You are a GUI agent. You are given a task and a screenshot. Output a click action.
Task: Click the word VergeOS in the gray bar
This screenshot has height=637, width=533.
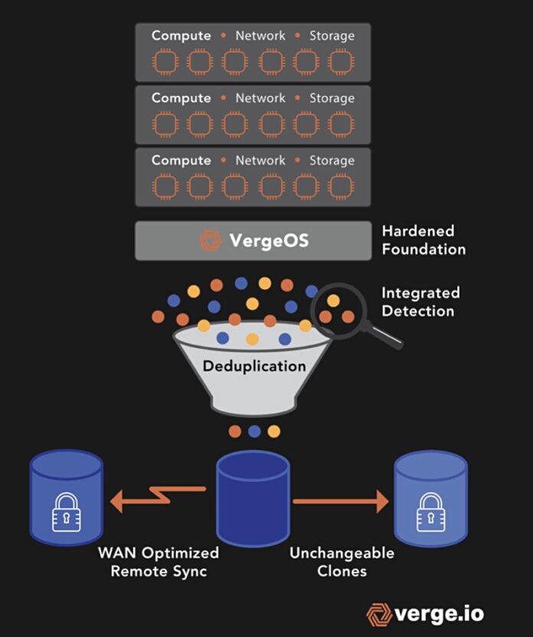coord(268,241)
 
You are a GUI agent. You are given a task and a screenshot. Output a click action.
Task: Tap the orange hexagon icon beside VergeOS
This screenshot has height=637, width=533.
coord(210,241)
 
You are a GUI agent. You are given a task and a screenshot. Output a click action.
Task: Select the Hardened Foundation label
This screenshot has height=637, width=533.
coord(423,240)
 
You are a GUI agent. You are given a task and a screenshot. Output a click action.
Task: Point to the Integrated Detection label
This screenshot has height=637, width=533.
coord(420,302)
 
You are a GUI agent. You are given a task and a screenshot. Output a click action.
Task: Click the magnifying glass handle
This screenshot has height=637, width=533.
coord(386,337)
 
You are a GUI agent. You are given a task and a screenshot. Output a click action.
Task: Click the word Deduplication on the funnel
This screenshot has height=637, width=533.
coord(253,366)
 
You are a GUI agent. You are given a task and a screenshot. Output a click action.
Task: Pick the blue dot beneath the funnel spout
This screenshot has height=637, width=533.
coord(254,431)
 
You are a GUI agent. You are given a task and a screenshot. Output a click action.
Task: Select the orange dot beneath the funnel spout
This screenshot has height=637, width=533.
coord(235,431)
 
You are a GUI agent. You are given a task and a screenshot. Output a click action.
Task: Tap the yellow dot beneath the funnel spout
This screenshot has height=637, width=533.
coord(273,431)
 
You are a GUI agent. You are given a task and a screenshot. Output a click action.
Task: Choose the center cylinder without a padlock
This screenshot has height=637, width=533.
coord(253,497)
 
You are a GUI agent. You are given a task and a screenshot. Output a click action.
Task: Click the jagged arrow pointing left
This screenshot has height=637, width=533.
coord(157,498)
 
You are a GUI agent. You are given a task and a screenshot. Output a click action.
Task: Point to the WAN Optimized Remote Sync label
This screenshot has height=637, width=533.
coord(159,562)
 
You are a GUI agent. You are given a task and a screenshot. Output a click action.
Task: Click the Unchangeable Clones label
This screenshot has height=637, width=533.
coord(342,562)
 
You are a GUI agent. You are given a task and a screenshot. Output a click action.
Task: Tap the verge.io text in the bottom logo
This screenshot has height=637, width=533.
coord(439,614)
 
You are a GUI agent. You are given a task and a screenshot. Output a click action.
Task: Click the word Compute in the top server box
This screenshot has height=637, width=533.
coord(181,35)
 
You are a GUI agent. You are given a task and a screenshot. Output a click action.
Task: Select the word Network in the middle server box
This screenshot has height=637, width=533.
coord(260,98)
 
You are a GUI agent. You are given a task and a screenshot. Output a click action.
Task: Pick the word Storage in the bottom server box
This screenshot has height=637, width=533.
coord(332,161)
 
